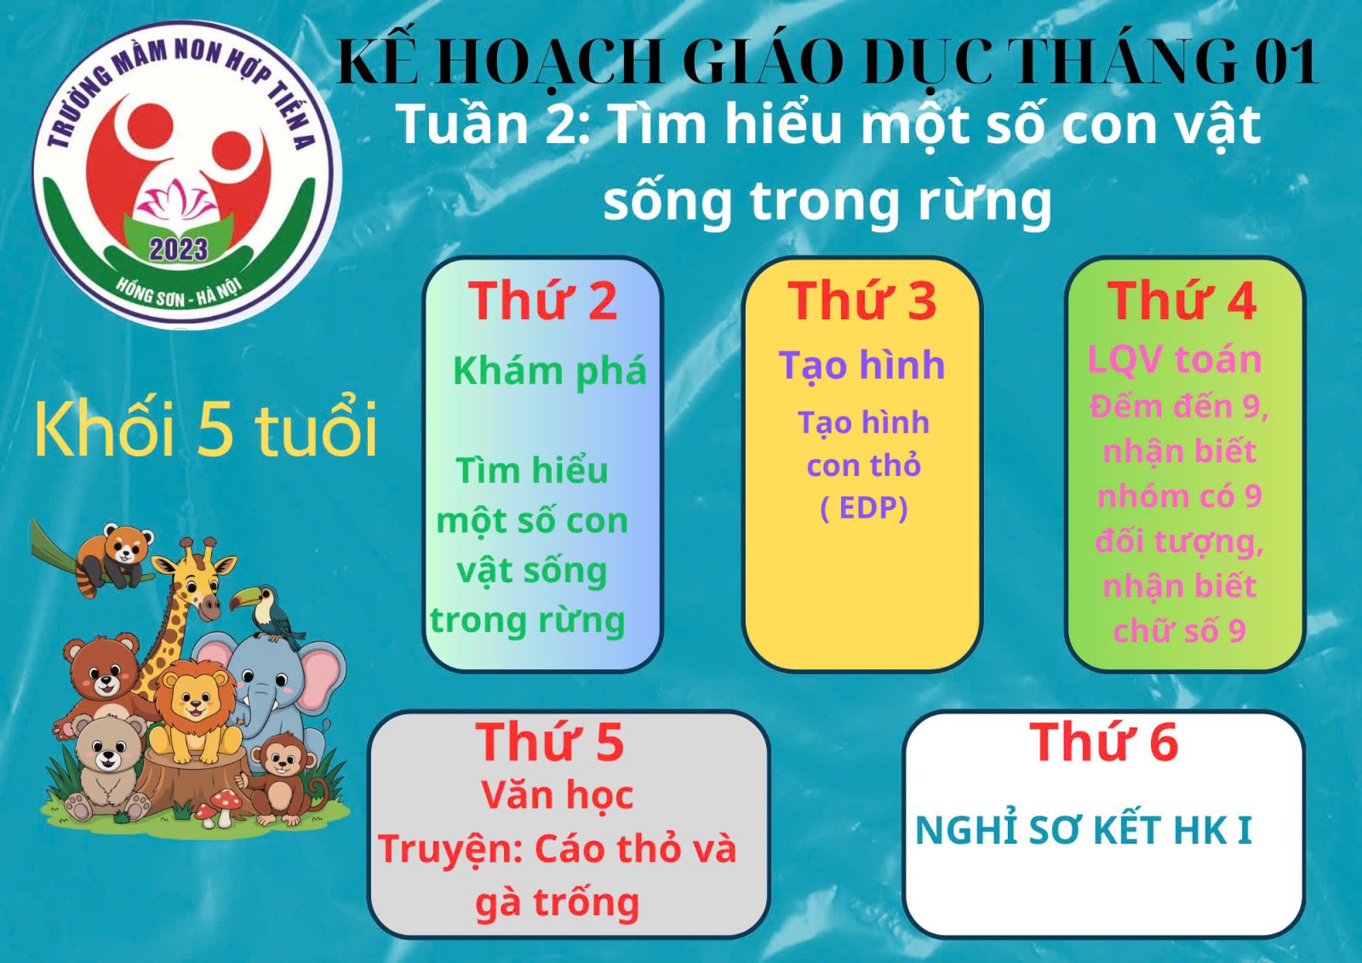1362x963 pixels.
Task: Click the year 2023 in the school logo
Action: pos(179,250)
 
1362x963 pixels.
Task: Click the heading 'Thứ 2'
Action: pos(542,301)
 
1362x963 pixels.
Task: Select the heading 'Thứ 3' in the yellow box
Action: pos(862,301)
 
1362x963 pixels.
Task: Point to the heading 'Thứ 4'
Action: pos(1182,301)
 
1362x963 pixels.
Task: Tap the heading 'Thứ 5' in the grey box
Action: pos(550,742)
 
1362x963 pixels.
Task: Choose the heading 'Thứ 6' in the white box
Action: pos(1103,742)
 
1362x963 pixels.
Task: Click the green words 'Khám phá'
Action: pos(550,371)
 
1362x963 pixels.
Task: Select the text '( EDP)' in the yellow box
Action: pos(863,508)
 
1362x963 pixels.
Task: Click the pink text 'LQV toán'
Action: pos(1175,359)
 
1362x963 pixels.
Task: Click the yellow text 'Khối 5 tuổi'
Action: pos(205,428)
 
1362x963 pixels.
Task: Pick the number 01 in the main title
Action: pos(1286,63)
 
